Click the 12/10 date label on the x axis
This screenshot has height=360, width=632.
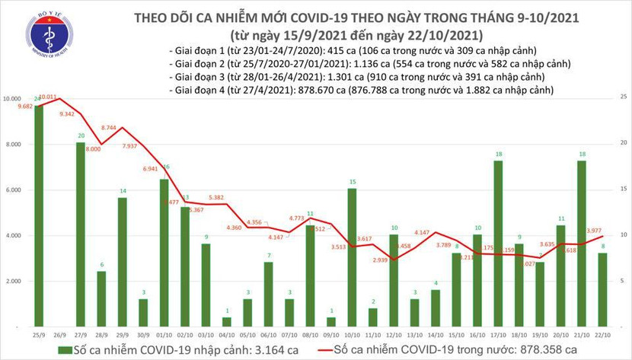(393, 335)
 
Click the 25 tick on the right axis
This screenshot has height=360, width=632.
(624, 97)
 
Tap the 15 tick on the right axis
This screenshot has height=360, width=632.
(624, 189)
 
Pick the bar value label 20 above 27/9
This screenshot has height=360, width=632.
(81, 136)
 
